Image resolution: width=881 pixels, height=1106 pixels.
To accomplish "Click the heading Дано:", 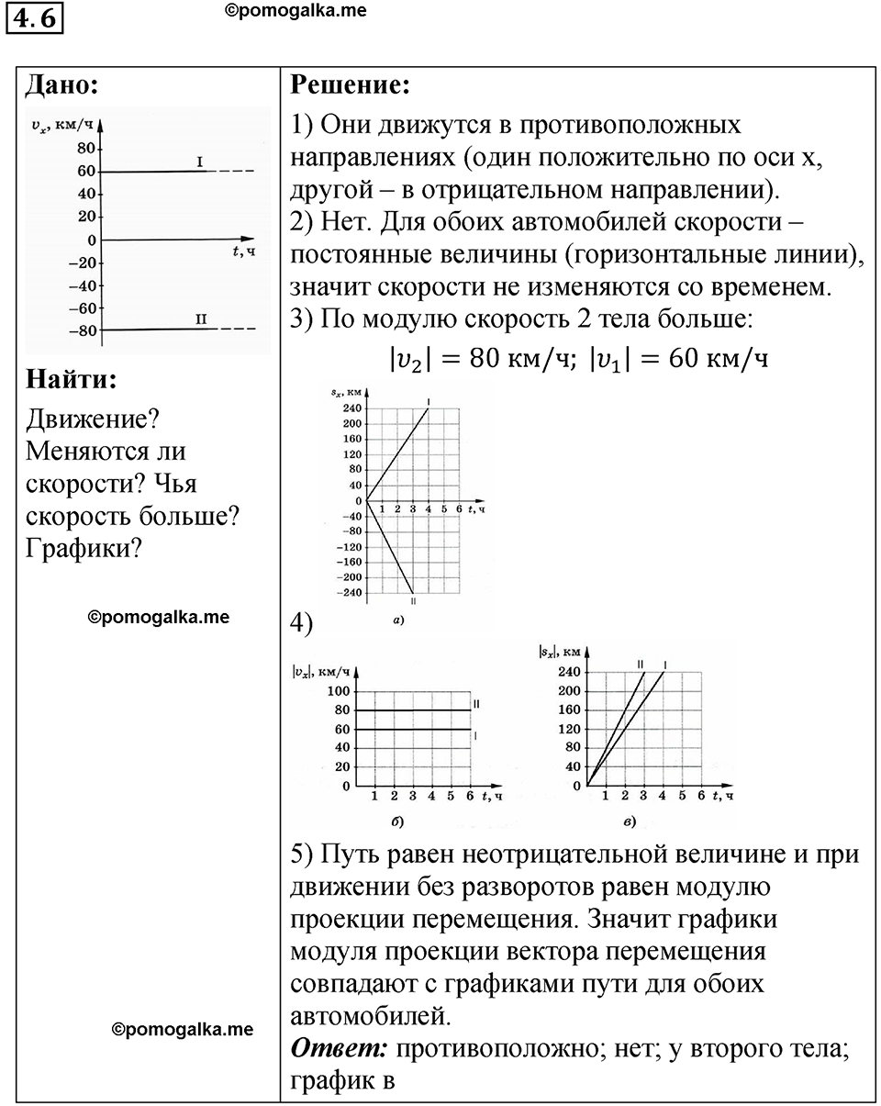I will (x=61, y=86).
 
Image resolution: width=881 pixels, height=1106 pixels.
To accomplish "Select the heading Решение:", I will (x=350, y=86).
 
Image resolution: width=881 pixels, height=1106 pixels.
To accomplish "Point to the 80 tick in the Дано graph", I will (x=86, y=149).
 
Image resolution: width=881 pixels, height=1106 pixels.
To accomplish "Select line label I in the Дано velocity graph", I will (x=200, y=161).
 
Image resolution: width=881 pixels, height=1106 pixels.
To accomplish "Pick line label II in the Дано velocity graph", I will (x=201, y=318).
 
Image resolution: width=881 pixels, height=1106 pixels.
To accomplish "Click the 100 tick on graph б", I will (x=340, y=691).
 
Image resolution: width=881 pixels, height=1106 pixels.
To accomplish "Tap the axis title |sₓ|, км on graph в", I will (x=560, y=653).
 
